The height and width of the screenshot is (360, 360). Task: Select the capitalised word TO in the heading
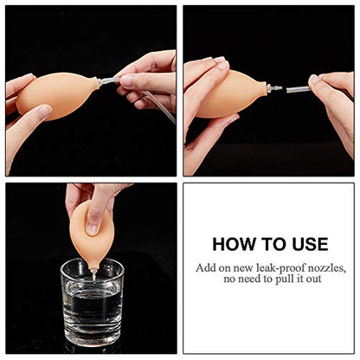[271, 244]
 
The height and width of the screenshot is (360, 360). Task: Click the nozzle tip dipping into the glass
[92, 271]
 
